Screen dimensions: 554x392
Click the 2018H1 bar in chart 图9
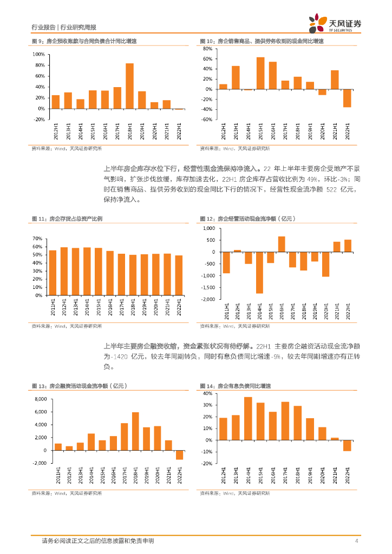(130, 86)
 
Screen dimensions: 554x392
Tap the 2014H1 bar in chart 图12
(259, 273)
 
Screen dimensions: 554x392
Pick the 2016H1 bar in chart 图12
(282, 244)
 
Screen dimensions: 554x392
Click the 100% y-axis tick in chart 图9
(38, 55)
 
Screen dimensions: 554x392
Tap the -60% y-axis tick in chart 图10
(206, 120)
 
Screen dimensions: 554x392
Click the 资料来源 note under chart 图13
(66, 493)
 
